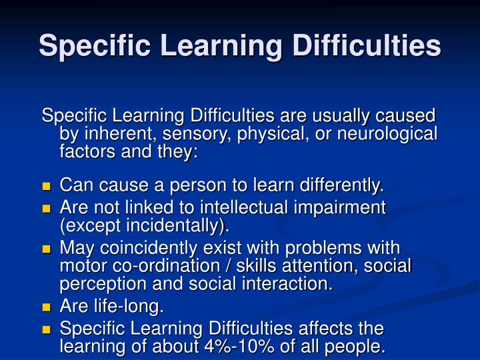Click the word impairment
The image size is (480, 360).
click(342, 207)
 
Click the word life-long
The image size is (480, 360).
click(128, 307)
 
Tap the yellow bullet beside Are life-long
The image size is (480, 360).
click(47, 307)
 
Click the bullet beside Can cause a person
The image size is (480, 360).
click(47, 185)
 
